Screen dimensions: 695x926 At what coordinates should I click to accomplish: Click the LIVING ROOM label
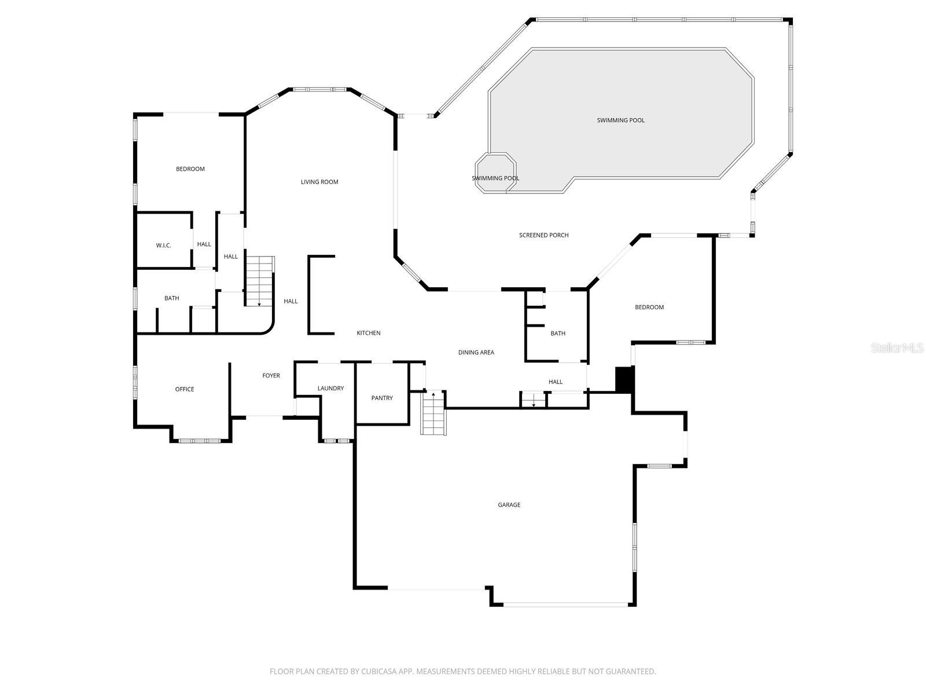click(x=319, y=182)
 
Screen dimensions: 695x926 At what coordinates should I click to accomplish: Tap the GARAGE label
click(x=509, y=505)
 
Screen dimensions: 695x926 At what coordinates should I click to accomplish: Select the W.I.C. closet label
click(x=164, y=246)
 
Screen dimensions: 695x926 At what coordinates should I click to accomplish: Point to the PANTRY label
click(x=382, y=398)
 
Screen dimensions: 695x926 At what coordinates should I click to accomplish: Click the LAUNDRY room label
click(x=330, y=388)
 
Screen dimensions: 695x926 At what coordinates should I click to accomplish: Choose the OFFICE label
click(x=185, y=389)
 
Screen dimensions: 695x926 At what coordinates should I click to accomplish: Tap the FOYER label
click(x=271, y=376)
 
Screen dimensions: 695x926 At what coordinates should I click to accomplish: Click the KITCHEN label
click(x=369, y=333)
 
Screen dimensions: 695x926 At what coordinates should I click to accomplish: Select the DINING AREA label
click(x=476, y=352)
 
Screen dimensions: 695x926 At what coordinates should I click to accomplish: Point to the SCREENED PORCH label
click(x=543, y=235)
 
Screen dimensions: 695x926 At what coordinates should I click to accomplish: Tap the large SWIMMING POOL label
click(x=620, y=120)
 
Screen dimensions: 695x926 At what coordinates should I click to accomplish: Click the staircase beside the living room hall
click(x=259, y=281)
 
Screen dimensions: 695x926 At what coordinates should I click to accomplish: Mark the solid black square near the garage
click(x=624, y=380)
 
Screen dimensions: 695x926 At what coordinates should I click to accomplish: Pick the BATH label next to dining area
click(x=558, y=334)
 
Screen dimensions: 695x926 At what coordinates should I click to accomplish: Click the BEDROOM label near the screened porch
click(x=649, y=307)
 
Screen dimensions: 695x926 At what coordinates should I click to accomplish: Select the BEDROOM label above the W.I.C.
click(x=190, y=169)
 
